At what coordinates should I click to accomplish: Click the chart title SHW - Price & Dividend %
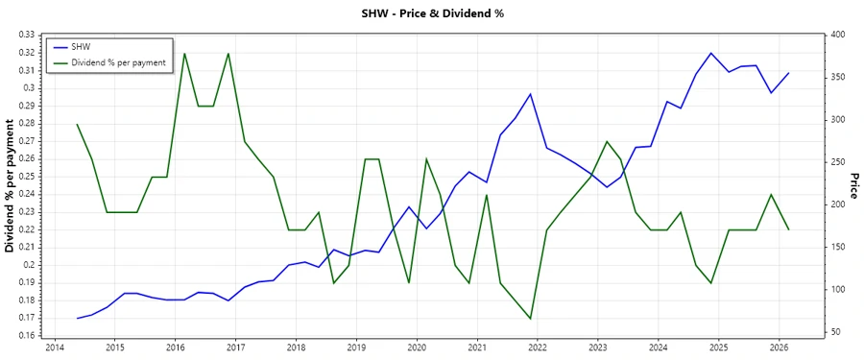432,13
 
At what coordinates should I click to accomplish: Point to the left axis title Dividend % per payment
11,186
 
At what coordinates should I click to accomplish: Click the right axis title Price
852,186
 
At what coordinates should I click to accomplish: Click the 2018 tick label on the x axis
296,348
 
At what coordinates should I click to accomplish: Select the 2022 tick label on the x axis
537,348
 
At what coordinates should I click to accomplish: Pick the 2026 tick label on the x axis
779,348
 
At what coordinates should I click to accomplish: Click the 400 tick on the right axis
836,35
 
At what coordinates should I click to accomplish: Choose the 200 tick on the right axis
836,204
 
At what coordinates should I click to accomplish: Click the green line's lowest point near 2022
530,319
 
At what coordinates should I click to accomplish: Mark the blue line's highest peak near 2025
710,53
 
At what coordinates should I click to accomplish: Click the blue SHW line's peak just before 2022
530,94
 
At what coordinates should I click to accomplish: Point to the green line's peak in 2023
607,141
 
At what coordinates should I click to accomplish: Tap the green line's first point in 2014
77,124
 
